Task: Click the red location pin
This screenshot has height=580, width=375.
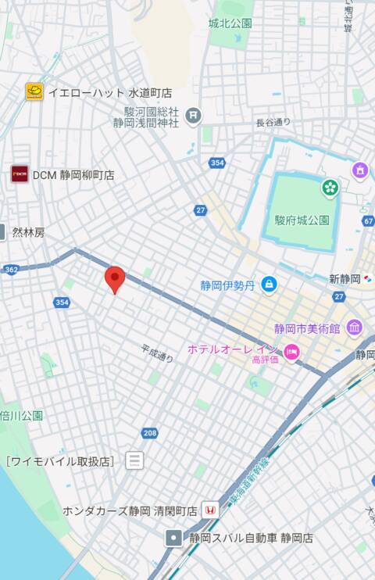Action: (x=115, y=278)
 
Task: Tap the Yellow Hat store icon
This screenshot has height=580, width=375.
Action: (x=34, y=91)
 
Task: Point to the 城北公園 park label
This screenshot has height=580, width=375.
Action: (x=230, y=23)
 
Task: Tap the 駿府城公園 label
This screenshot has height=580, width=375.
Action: (x=302, y=220)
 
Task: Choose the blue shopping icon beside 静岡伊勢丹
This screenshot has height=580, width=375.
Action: (x=269, y=285)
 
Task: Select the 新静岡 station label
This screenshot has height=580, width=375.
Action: (x=345, y=278)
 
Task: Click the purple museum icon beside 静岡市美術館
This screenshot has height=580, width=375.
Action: (x=354, y=328)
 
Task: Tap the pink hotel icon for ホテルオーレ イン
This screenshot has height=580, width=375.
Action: (x=291, y=351)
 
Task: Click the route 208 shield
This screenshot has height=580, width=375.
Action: (x=149, y=433)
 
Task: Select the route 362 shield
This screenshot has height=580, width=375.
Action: (x=11, y=269)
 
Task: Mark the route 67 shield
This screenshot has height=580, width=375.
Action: (x=368, y=222)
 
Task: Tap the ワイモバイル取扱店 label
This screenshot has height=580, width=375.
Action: (x=60, y=461)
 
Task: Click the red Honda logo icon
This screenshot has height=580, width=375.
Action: (x=209, y=510)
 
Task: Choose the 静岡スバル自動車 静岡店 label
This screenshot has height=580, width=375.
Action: (x=250, y=538)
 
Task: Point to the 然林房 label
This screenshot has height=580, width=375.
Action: (x=29, y=232)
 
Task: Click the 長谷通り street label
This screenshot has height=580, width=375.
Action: (x=273, y=122)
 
